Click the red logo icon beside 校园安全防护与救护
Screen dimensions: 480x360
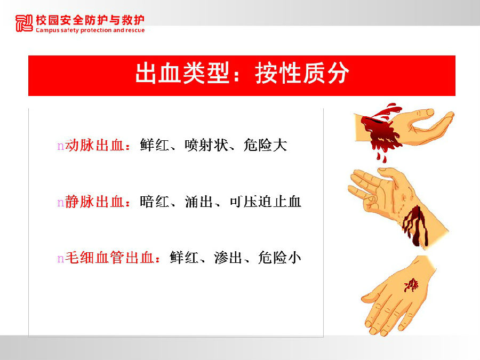click(x=24, y=23)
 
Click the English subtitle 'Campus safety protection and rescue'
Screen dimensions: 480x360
click(x=90, y=30)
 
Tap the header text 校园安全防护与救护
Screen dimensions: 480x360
click(x=90, y=20)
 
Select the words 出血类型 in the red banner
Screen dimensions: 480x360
click(x=182, y=73)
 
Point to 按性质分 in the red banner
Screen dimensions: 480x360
click(x=302, y=73)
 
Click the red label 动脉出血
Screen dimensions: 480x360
click(x=94, y=145)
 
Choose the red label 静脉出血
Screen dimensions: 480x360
click(x=94, y=202)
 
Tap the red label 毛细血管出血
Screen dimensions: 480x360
click(x=109, y=258)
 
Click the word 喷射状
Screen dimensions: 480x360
click(x=206, y=145)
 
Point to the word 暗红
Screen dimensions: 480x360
click(x=155, y=202)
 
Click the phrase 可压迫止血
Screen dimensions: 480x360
click(x=266, y=202)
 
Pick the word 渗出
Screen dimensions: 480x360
click(x=229, y=258)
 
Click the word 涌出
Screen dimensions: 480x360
click(x=199, y=202)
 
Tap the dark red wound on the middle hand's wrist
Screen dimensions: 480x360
click(x=415, y=225)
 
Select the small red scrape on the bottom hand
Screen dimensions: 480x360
click(x=411, y=285)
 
